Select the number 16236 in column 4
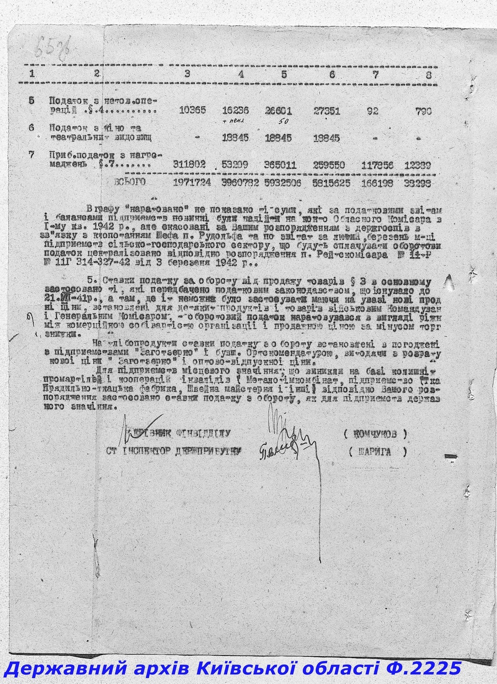235,110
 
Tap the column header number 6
332,75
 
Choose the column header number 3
187,75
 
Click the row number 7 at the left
32,156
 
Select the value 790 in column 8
424,111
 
